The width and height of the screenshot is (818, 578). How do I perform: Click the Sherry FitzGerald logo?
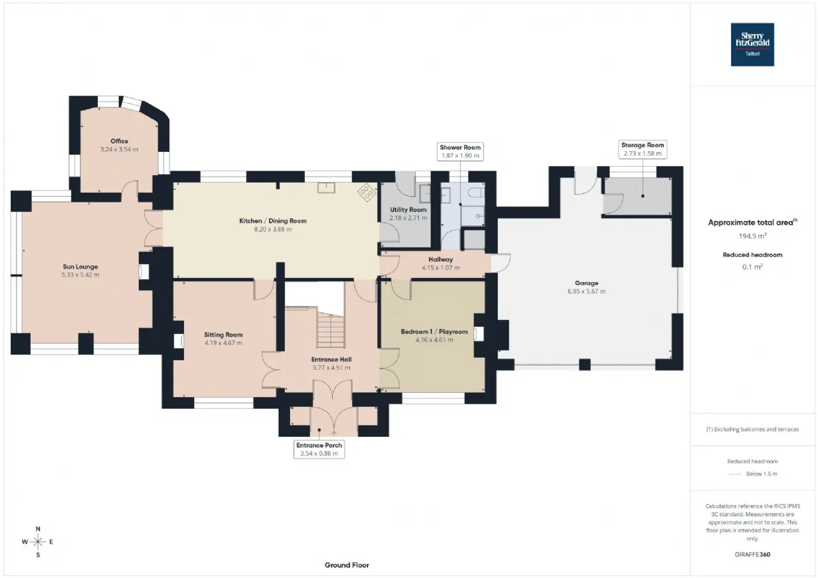pos(752,44)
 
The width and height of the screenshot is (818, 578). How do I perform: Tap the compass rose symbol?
pos(38,542)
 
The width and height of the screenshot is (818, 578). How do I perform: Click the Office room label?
pos(119,141)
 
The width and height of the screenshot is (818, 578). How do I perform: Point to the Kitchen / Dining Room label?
pos(273,221)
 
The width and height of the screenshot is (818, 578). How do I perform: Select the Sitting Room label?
pos(224,335)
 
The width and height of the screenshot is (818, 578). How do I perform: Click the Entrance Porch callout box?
pos(318,449)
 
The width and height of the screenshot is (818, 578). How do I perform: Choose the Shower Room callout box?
pos(460,151)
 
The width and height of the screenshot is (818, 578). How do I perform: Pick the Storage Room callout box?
pos(642,149)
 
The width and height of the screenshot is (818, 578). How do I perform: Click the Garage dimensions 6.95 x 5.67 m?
pos(586,291)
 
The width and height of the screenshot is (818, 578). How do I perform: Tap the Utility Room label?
pos(408,209)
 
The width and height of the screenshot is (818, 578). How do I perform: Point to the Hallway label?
pos(441,259)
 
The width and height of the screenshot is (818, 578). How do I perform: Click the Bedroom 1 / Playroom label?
pos(434,332)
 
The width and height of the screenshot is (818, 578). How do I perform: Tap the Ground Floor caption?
pos(346,565)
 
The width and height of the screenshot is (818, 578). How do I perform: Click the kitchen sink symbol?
pos(327,188)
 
